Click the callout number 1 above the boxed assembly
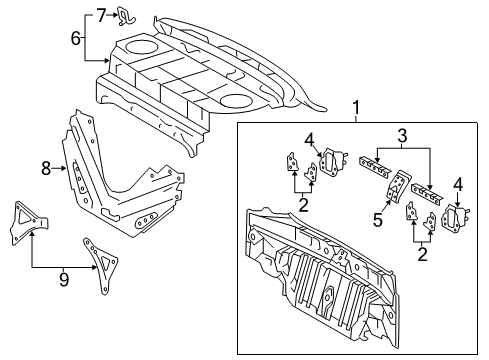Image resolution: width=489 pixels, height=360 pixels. pyautogui.click(x=353, y=108)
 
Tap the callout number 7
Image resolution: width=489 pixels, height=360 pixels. pyautogui.click(x=101, y=14)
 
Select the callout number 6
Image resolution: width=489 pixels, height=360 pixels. pyautogui.click(x=75, y=38)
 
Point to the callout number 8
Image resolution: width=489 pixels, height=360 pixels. pyautogui.click(x=45, y=169)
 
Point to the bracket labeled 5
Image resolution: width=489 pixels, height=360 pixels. pyautogui.click(x=398, y=186)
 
